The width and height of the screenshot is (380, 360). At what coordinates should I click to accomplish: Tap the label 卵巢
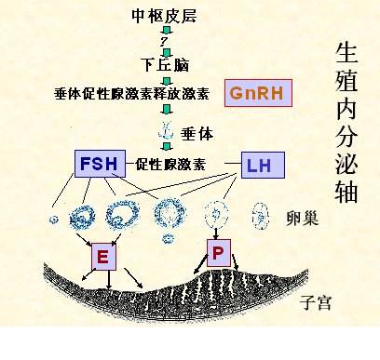tap(303, 220)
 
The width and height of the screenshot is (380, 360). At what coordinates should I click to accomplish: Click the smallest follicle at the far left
tap(52, 220)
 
